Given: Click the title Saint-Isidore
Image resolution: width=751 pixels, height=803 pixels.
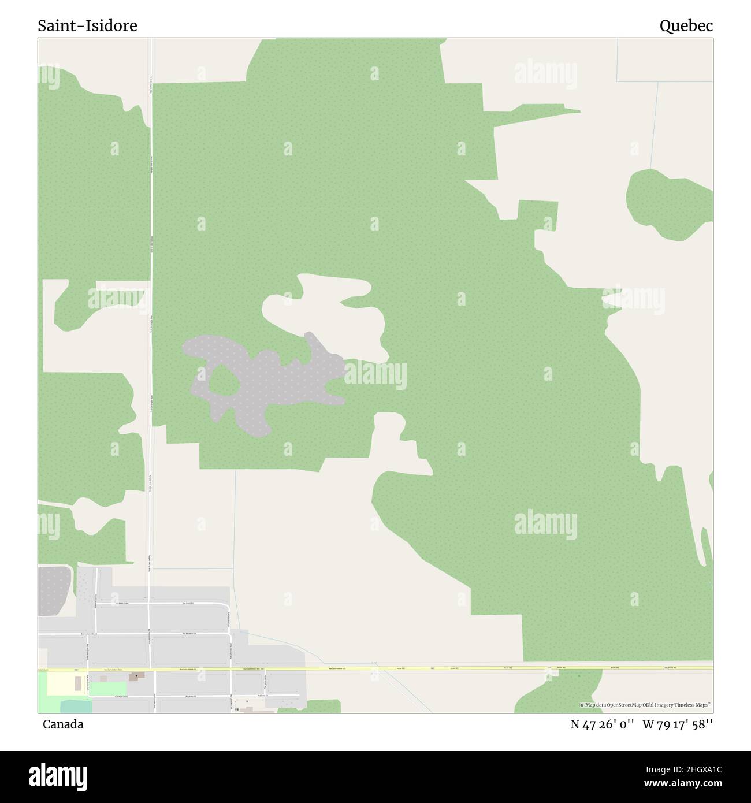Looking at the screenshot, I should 87,25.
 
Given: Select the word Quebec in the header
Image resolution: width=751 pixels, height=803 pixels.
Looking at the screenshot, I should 686,25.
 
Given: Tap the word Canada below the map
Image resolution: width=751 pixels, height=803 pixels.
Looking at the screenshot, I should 62,724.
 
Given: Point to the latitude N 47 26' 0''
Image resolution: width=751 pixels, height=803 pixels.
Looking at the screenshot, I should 603,724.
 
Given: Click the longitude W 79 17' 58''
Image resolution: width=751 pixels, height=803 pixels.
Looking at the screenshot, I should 678,724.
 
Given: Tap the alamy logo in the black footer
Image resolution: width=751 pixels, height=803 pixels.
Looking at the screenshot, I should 58,776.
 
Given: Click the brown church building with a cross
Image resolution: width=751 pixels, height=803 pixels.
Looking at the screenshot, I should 137,676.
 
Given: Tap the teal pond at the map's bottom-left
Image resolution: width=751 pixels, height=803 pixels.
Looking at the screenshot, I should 75,706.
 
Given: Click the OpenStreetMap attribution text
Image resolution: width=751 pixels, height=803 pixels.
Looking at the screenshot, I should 646,705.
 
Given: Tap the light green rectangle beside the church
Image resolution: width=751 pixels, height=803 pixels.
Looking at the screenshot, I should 107,688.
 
